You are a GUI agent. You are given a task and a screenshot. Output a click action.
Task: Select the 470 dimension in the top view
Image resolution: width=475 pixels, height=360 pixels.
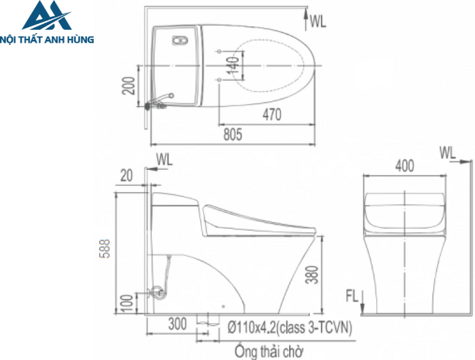(x=271, y=115)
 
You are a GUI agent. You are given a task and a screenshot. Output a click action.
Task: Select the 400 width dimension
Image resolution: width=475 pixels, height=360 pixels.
(x=404, y=165)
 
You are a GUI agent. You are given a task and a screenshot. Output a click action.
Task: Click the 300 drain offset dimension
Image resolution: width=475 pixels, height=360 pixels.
(x=177, y=325)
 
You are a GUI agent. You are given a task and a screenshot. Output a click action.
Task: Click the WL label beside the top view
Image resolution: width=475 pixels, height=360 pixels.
(x=318, y=22)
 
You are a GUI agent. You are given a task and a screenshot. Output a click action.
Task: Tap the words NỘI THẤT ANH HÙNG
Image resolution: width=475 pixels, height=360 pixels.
(x=47, y=39)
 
